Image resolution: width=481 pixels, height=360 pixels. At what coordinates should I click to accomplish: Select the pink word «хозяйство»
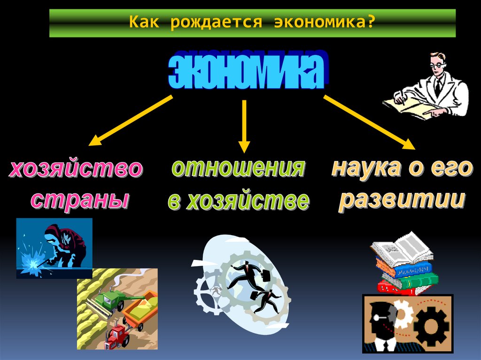click(x=76, y=170)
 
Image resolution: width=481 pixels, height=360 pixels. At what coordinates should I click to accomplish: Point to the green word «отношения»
click(x=238, y=168)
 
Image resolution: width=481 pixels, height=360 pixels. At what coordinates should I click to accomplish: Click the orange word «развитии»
click(x=402, y=199)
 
